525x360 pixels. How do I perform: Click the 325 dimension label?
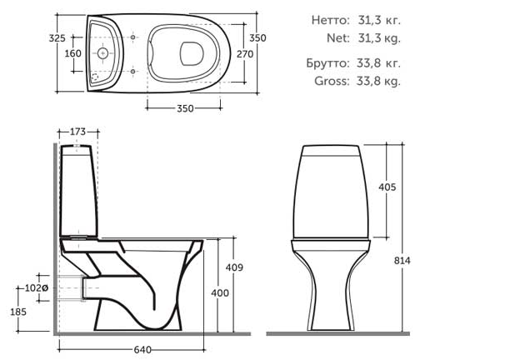pos(57,38)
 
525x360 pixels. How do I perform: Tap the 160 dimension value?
pos(72,53)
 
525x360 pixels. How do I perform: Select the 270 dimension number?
pos(245,54)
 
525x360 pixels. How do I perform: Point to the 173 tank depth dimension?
pos(77,132)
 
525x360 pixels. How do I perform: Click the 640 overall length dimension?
pos(142,350)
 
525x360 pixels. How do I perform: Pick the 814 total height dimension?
pos(402,260)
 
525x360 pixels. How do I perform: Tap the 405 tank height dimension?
pos(387,187)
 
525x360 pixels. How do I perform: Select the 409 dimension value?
pos(234,267)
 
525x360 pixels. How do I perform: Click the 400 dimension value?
pos(220,293)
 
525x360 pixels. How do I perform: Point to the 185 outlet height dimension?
pos(18,312)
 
